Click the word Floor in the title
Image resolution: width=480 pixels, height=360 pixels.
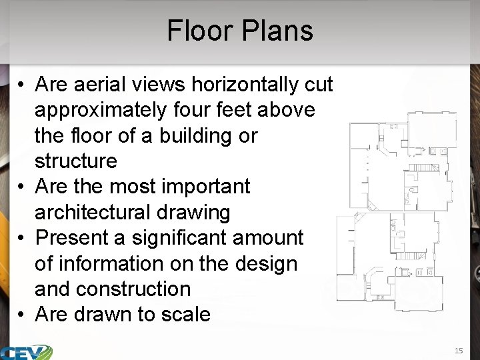pos(199,31)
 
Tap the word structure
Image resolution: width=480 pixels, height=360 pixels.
pos(75,161)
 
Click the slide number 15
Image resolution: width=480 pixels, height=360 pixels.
pos(458,351)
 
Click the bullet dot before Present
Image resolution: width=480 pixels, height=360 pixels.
pos(22,238)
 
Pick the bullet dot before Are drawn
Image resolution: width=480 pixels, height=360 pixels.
pos(22,315)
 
